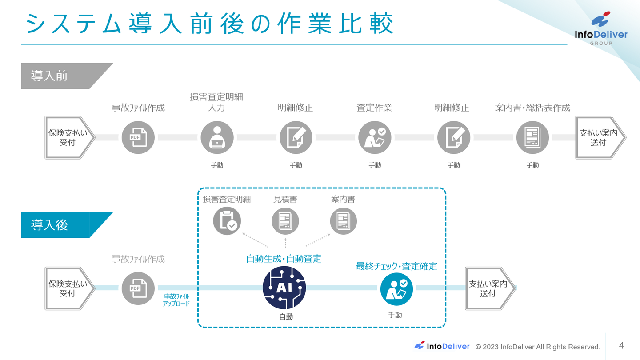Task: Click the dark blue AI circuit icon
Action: (284, 288)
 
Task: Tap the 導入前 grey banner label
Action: (50, 76)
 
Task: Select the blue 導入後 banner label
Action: (50, 225)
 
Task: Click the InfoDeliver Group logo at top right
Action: (601, 29)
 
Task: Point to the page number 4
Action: (621, 345)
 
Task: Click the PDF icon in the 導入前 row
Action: (138, 137)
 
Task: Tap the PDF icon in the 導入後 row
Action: (138, 288)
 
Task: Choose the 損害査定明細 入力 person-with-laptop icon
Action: (217, 137)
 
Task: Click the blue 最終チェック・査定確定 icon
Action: (396, 289)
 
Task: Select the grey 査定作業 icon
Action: (375, 137)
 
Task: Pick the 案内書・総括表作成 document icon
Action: (532, 137)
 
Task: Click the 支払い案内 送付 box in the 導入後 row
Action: (488, 288)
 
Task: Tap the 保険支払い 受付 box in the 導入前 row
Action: (68, 137)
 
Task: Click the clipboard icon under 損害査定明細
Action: (227, 221)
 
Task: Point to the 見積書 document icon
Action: (285, 221)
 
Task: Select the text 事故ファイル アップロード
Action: (176, 300)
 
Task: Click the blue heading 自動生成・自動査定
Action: (284, 259)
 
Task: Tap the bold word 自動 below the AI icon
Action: (286, 316)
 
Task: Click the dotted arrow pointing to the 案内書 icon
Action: (318, 240)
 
